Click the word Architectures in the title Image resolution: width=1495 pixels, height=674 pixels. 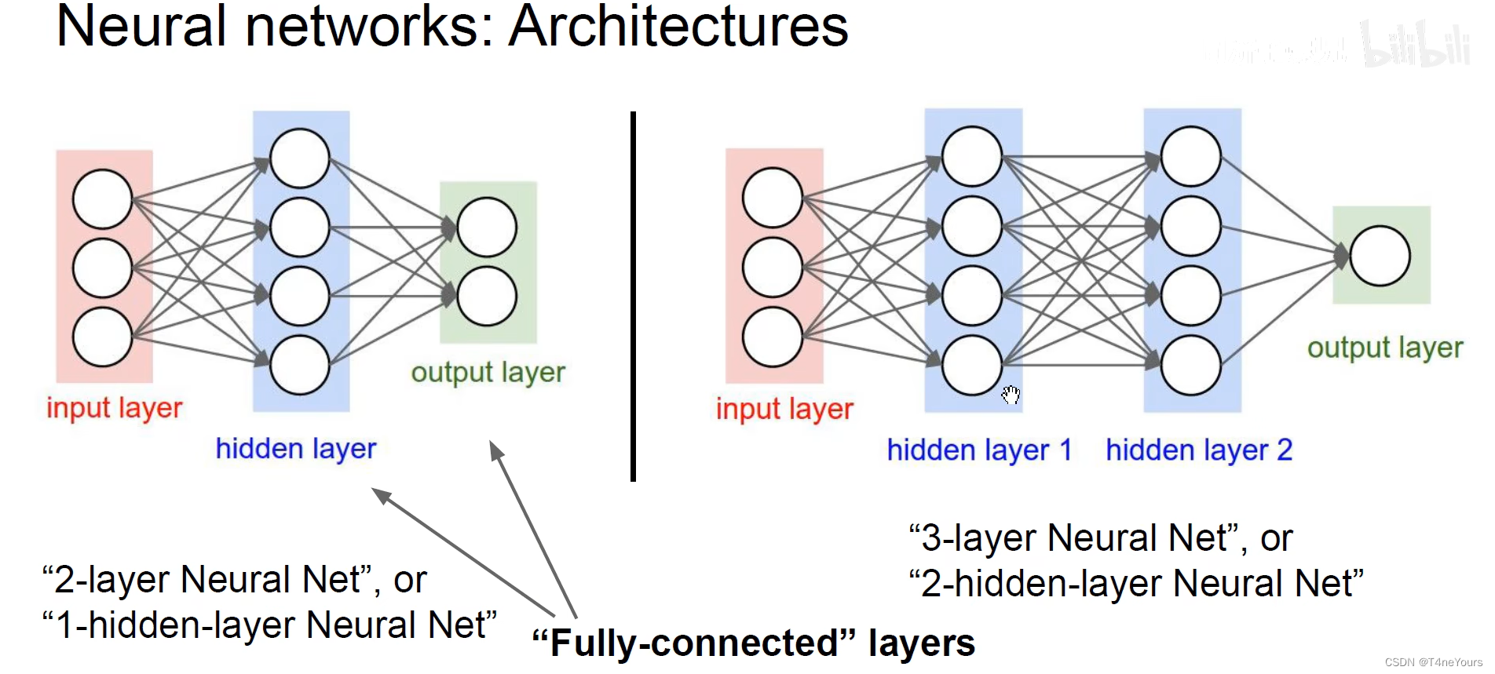click(x=678, y=27)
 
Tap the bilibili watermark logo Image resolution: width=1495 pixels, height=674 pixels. click(x=1415, y=45)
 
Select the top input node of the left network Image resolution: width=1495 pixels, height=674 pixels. click(x=102, y=199)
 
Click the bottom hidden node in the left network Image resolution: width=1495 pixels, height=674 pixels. click(x=299, y=365)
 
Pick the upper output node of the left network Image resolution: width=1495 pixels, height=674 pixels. click(x=487, y=228)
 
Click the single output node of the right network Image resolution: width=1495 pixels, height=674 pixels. click(x=1380, y=256)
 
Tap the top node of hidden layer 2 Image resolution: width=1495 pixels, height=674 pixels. click(x=1190, y=157)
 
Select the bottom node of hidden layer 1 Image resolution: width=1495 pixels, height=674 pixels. click(x=971, y=365)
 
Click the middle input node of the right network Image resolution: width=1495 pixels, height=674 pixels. click(x=772, y=267)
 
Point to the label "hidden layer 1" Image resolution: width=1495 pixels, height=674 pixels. click(x=978, y=450)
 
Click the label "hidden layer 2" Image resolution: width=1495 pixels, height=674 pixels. click(x=1198, y=450)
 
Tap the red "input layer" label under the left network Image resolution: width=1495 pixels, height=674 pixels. click(x=115, y=408)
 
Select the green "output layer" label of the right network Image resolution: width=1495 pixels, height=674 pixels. click(x=1384, y=348)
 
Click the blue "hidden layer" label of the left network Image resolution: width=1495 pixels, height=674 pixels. click(x=296, y=449)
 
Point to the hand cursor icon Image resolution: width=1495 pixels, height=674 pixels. click(x=1011, y=394)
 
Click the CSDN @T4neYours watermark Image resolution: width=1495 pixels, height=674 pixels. click(x=1433, y=662)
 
